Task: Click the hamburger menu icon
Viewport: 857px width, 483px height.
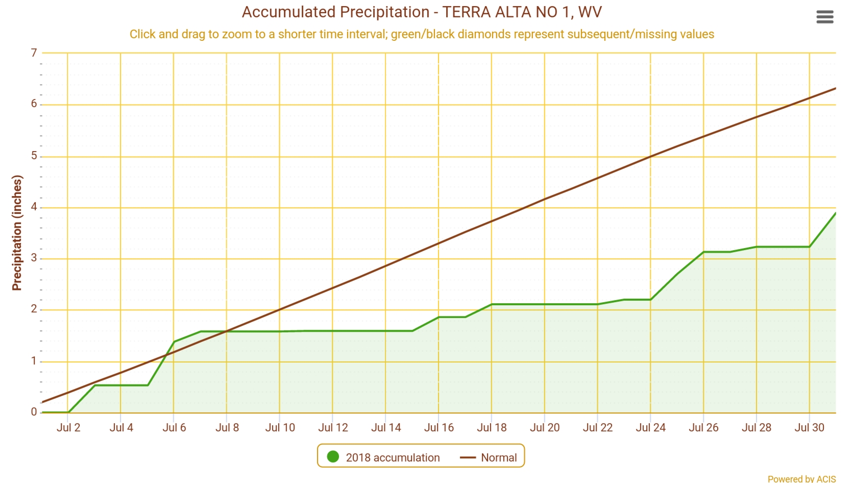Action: click(x=825, y=17)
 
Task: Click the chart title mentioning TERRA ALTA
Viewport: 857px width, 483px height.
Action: click(x=422, y=12)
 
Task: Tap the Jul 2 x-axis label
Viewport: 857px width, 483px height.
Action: click(x=68, y=427)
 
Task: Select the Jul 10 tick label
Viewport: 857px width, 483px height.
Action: click(x=280, y=427)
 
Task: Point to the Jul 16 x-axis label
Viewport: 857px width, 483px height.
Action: click(x=439, y=427)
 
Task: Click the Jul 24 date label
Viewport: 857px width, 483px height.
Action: click(x=651, y=427)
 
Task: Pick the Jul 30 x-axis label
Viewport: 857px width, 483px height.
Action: click(x=810, y=427)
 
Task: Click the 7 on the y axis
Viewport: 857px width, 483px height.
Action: click(x=34, y=53)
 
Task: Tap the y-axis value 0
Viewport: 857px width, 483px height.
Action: click(x=34, y=412)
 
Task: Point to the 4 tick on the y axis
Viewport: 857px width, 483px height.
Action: click(x=34, y=207)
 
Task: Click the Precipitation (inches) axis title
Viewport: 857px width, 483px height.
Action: click(x=17, y=233)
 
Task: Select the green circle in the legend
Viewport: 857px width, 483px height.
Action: click(x=333, y=456)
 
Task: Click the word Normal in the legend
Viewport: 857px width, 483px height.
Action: click(x=499, y=457)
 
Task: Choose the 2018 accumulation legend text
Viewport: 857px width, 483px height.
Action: click(x=393, y=457)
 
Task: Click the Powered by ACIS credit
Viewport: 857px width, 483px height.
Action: click(x=801, y=478)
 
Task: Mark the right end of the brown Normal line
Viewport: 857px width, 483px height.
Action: click(x=836, y=88)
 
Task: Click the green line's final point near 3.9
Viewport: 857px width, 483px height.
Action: click(x=836, y=212)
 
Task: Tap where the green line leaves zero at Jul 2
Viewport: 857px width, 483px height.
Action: click(x=69, y=412)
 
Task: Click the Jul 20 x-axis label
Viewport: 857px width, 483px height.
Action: click(x=545, y=427)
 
